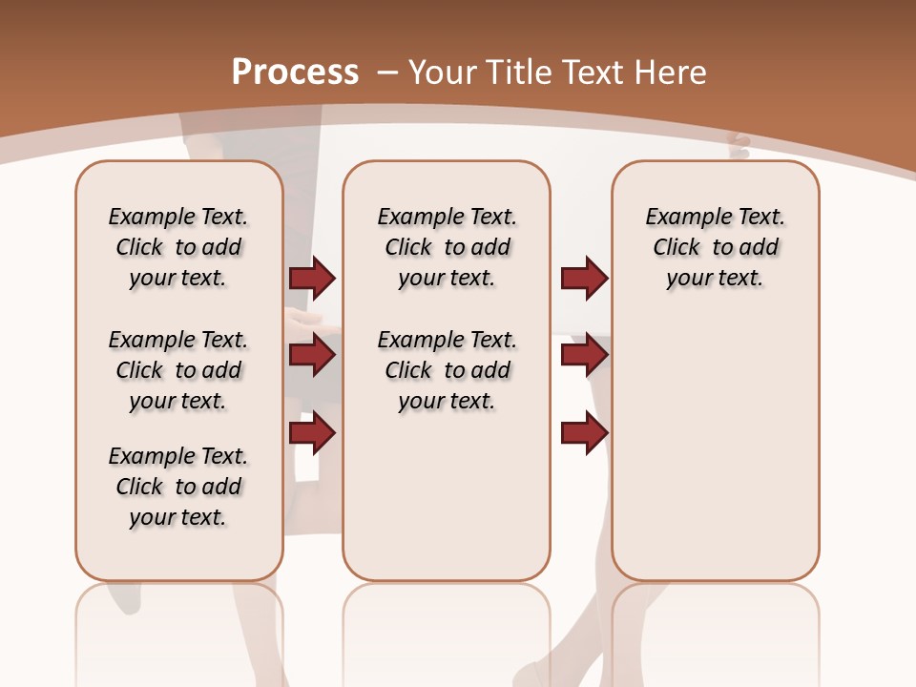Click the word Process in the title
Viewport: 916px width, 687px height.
[x=295, y=72]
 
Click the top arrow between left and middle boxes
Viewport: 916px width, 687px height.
[x=312, y=279]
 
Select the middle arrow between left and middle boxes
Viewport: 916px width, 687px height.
[x=312, y=356]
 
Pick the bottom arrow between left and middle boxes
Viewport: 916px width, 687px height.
[x=312, y=433]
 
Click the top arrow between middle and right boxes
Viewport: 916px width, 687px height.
[x=584, y=279]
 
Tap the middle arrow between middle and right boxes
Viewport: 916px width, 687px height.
[x=584, y=356]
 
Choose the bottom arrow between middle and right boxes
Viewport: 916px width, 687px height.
[x=584, y=433]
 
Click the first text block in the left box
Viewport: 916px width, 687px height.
[x=178, y=247]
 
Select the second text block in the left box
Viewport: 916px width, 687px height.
[x=178, y=370]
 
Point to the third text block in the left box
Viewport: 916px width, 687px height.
[x=178, y=487]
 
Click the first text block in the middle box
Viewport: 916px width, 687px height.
[x=447, y=247]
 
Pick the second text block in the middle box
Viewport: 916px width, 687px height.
[x=447, y=370]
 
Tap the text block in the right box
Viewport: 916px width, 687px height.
[x=715, y=247]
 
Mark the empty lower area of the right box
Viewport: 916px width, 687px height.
[x=715, y=439]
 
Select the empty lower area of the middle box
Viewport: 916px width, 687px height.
[x=447, y=496]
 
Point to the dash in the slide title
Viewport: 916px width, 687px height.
[x=387, y=72]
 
